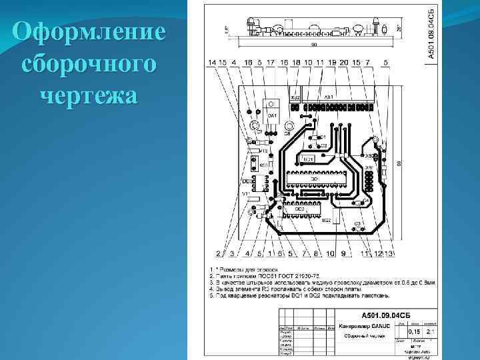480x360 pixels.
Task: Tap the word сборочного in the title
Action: (89, 64)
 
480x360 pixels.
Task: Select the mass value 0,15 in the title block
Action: (414, 331)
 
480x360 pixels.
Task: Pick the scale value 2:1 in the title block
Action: (432, 331)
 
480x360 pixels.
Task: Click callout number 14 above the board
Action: (212, 63)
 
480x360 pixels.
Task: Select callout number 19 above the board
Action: (331, 63)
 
